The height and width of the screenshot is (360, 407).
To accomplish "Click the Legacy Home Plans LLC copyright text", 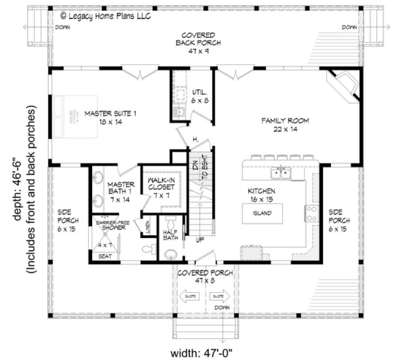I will point(105,16).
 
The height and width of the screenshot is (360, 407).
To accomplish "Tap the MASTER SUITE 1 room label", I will point(106,118).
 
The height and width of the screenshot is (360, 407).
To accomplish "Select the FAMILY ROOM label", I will point(285,125).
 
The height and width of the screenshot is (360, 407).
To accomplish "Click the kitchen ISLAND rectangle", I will point(263,213).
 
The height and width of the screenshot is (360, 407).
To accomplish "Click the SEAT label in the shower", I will point(106,256).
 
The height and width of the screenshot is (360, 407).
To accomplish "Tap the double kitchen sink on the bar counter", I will point(282,173).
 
